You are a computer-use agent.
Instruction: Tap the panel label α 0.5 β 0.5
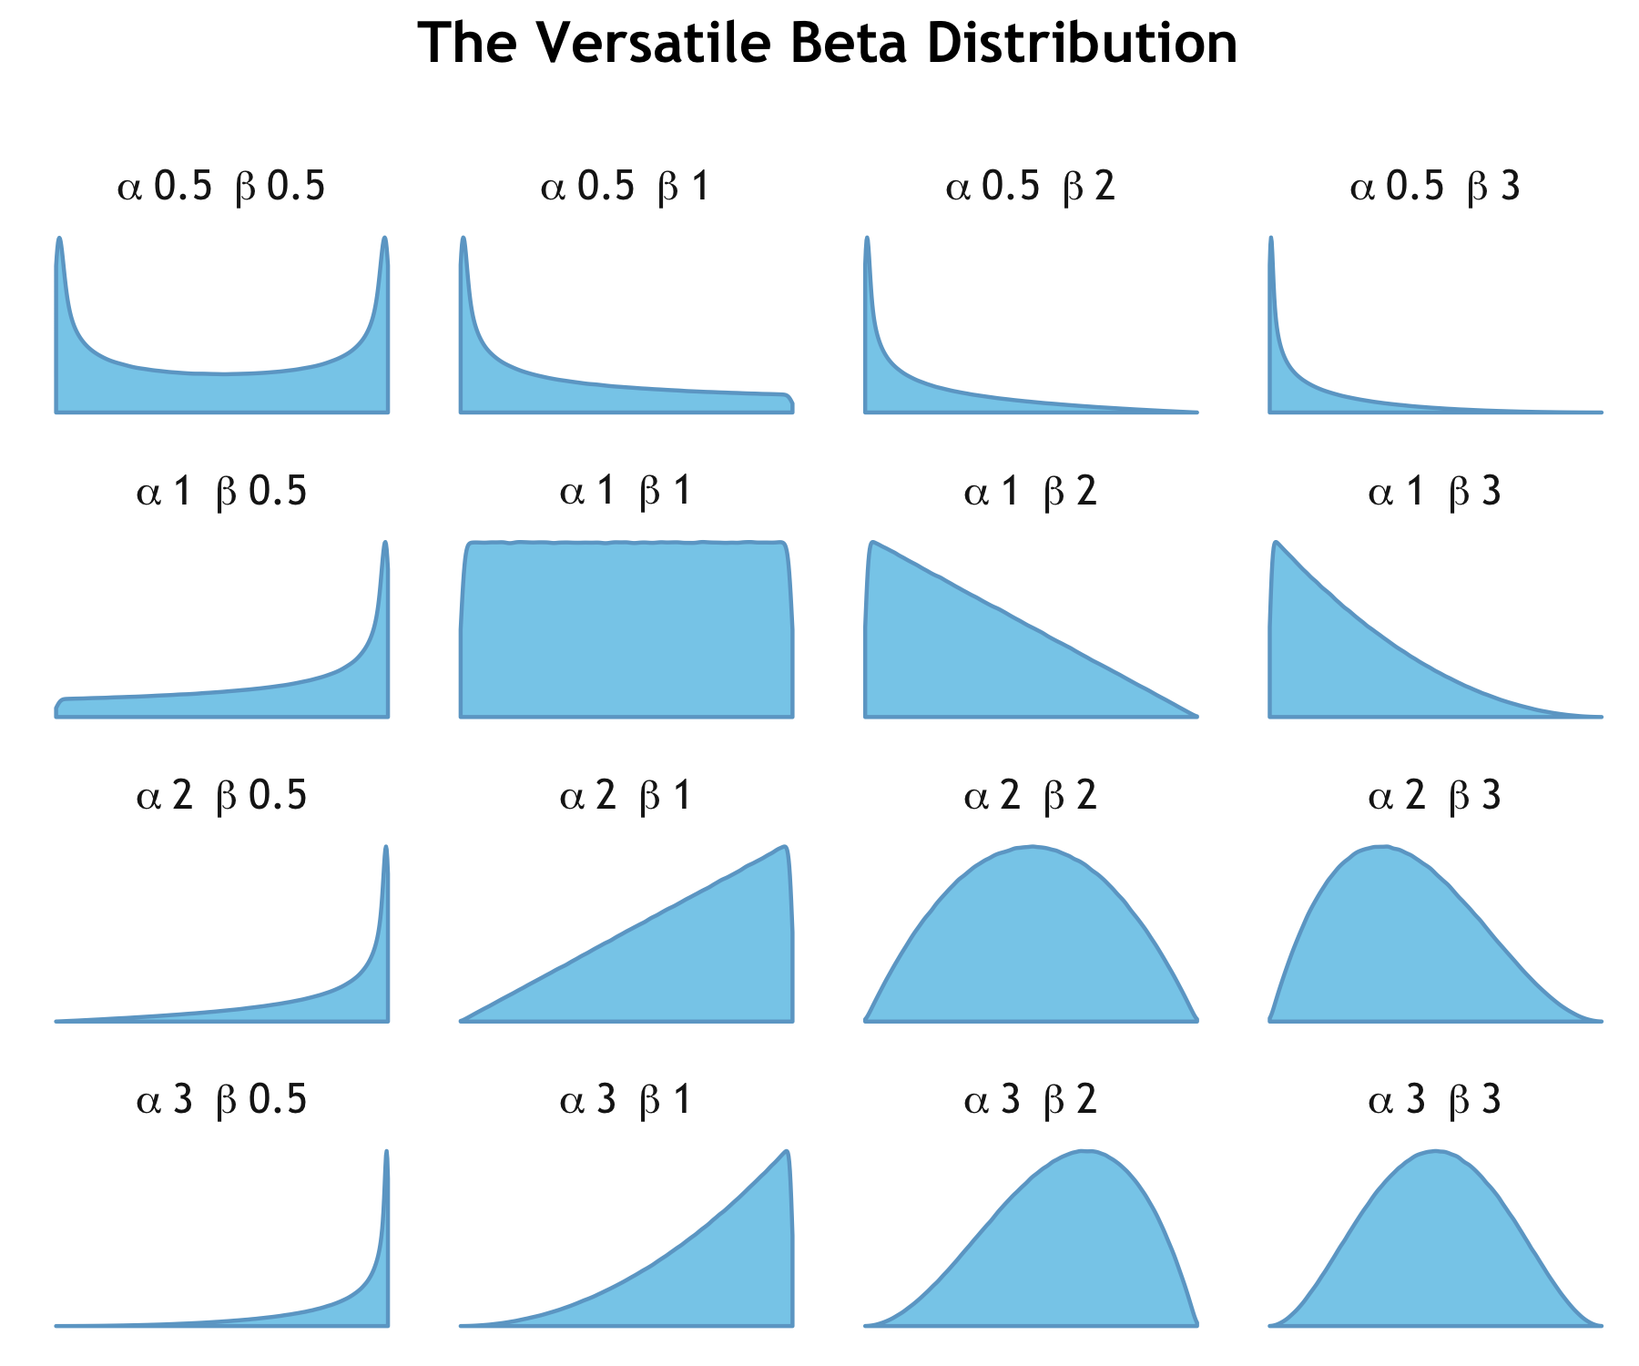pos(221,188)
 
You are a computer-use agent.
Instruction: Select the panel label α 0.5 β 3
pos(1435,188)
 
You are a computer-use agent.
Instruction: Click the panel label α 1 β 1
pos(626,493)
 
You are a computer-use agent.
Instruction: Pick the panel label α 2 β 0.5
pos(221,797)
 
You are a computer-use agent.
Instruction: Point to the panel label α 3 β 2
pos(1030,1101)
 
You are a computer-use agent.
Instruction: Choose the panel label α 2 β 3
pos(1435,797)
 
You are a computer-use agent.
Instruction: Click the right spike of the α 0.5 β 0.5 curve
pos(384,240)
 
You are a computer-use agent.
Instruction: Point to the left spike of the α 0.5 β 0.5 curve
pos(60,240)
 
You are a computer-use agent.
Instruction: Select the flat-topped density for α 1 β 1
pos(626,628)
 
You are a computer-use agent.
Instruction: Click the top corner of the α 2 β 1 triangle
pos(784,848)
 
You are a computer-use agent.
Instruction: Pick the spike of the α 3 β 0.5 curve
pos(386,1153)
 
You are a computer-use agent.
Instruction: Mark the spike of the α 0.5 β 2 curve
pos(867,240)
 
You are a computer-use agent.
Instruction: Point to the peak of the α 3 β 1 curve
pos(786,1152)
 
